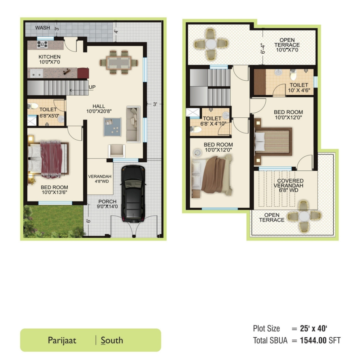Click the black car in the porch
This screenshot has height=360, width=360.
pos(133,194)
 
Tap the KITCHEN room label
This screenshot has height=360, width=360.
pos(49,57)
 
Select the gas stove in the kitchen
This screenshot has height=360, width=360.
pos(42,44)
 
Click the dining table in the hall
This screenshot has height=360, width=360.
pos(119,62)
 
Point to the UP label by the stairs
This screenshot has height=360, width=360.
pos(92,87)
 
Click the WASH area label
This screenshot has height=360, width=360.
pos(42,28)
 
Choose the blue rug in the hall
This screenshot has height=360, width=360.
pos(112,127)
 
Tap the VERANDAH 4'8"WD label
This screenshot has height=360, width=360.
pos(100,179)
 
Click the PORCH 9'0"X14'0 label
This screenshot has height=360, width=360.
pos(107,204)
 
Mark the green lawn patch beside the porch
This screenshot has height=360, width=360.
pos(53,221)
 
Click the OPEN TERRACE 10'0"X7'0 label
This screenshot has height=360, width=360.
pos(287,45)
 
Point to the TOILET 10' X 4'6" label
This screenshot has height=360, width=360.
pos(299,88)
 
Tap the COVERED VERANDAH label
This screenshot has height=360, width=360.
pos(289,183)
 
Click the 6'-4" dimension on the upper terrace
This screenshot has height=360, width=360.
pos(263,49)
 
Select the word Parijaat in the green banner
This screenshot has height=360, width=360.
pos(62,340)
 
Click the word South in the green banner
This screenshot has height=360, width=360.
pos(112,340)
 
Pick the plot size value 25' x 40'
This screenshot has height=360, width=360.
pos(314,329)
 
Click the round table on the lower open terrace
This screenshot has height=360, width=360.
pos(304,216)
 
